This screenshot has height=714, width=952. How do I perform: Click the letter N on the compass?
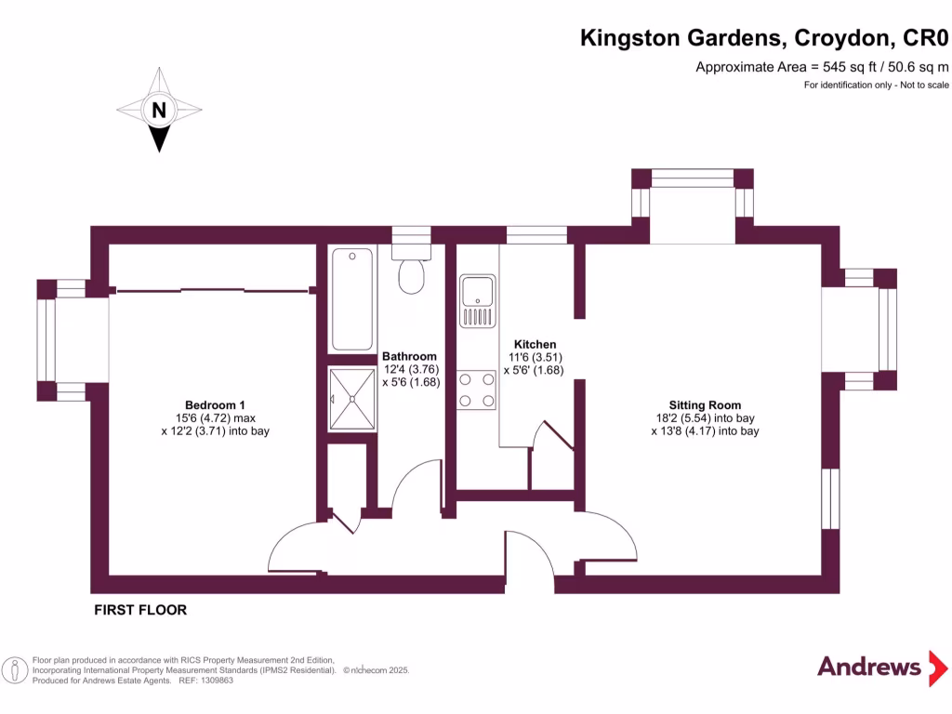[159, 111]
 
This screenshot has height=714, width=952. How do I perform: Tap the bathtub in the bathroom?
[352, 298]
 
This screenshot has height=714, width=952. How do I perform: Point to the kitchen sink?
[477, 301]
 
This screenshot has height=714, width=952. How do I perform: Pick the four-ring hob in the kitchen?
[476, 390]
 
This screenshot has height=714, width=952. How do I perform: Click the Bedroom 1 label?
[215, 404]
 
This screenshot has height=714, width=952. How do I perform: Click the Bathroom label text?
[409, 356]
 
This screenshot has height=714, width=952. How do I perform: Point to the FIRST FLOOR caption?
[140, 610]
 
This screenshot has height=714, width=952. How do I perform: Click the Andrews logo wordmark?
[868, 666]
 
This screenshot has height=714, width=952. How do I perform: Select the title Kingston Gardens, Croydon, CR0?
[764, 38]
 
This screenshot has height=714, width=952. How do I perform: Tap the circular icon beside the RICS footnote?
[14, 669]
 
